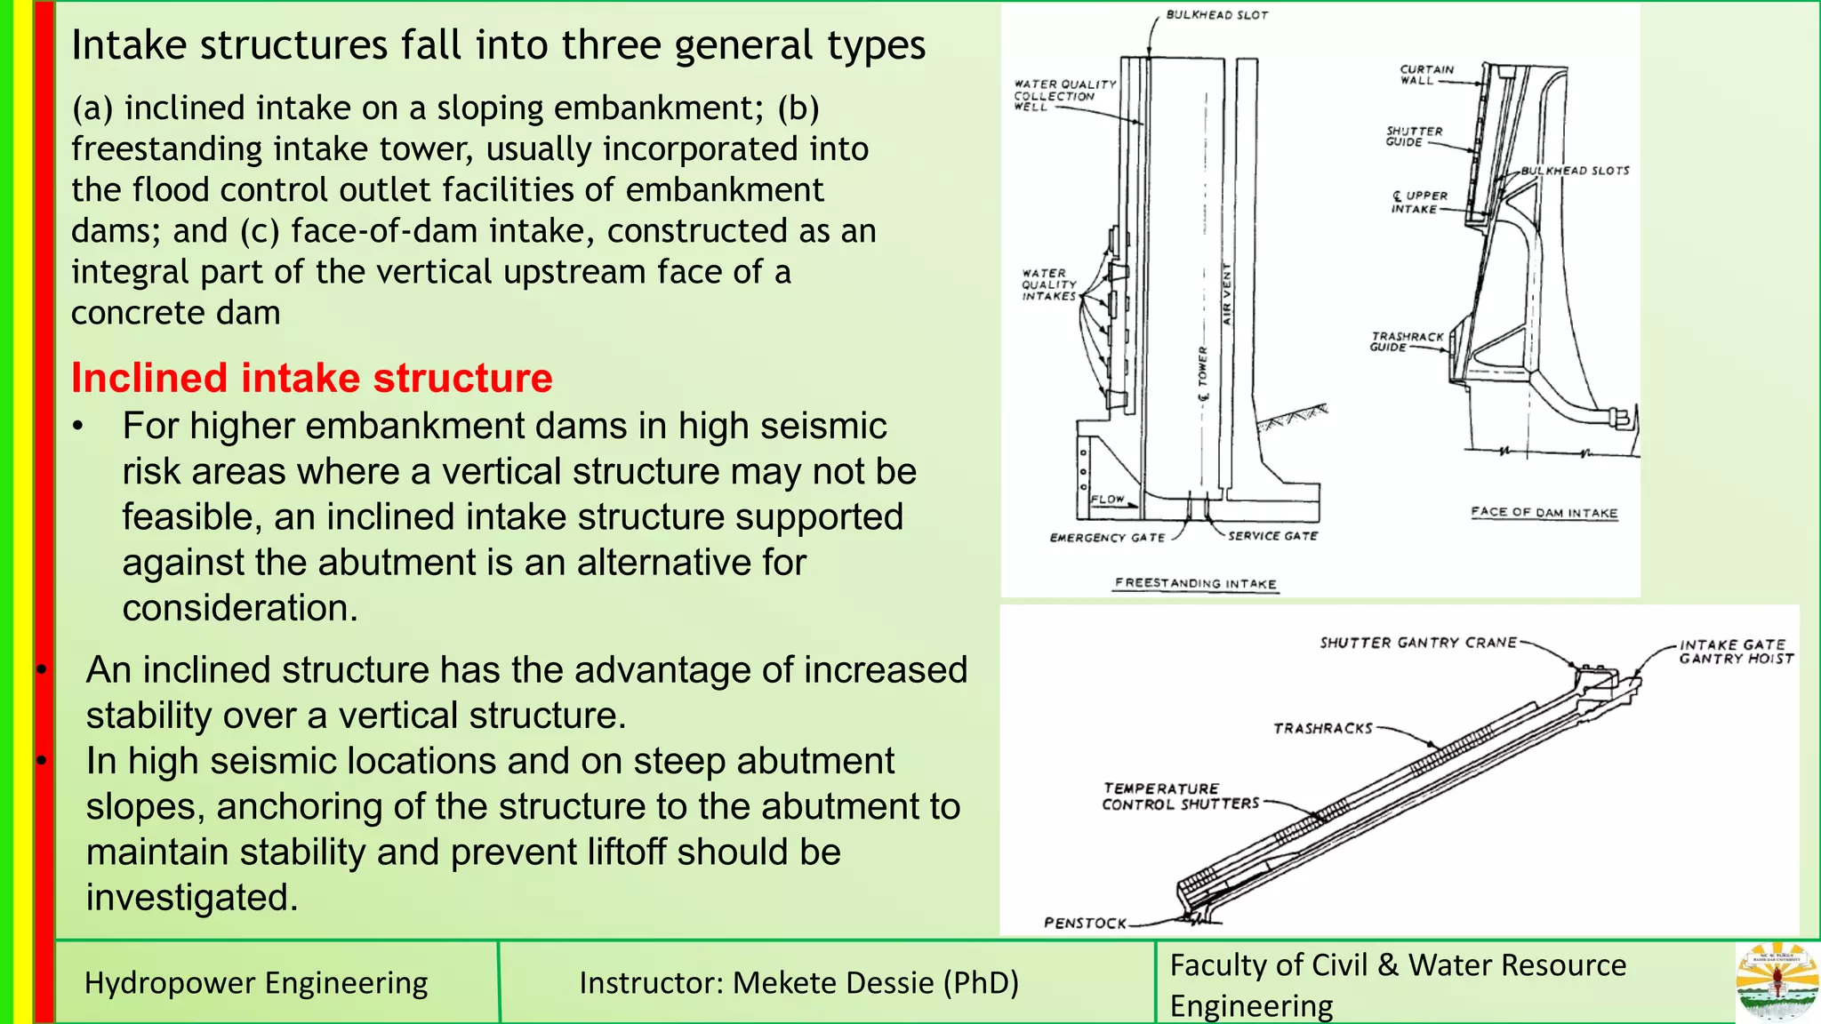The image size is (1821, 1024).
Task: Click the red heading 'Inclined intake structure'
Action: point(311,378)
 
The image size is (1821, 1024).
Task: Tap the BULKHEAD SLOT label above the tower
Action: point(1216,15)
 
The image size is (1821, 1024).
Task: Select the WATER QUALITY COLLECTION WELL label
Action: point(1063,95)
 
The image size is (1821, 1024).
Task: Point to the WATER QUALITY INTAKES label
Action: point(1049,284)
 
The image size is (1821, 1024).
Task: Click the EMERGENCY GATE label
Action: point(1107,538)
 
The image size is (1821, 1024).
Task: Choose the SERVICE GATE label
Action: point(1272,536)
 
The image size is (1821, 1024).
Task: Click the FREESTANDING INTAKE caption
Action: point(1196,583)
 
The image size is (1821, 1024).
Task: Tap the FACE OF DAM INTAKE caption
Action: point(1544,512)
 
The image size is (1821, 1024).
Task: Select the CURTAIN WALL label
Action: point(1426,75)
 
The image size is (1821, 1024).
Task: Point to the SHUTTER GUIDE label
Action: point(1414,136)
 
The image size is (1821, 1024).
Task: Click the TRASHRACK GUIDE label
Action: point(1406,341)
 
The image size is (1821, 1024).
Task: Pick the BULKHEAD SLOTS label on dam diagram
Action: point(1575,170)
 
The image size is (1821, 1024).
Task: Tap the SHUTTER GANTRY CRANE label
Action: point(1417,643)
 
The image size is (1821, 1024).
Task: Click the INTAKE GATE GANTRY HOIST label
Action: point(1735,652)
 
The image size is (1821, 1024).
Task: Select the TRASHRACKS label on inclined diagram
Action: point(1322,729)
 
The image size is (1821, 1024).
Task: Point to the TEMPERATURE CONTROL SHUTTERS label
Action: point(1180,796)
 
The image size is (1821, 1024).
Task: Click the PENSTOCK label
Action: point(1085,924)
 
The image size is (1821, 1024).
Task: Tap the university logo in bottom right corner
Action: point(1777,981)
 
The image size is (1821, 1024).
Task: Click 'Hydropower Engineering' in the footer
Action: point(256,983)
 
